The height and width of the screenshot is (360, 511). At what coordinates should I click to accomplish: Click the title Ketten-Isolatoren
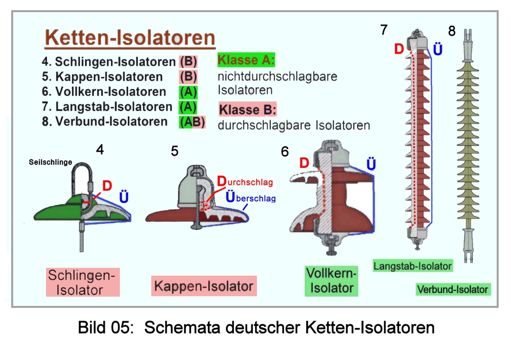click(x=129, y=38)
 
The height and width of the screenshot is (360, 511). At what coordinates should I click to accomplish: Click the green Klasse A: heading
click(x=246, y=60)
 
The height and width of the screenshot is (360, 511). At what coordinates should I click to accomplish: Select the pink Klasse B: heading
click(x=247, y=109)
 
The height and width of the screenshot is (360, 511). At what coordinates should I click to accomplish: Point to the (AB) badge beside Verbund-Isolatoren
click(x=192, y=122)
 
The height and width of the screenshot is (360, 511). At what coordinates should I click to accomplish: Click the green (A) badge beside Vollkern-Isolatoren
click(x=188, y=92)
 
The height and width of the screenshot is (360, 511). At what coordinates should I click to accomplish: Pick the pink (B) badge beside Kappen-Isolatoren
click(x=188, y=77)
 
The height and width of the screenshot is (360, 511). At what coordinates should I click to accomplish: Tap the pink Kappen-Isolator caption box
click(x=204, y=286)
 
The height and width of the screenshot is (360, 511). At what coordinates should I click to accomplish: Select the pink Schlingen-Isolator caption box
click(x=83, y=282)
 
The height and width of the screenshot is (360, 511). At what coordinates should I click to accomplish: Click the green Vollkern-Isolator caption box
click(x=332, y=281)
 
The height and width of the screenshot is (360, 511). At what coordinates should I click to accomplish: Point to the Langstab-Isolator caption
click(x=412, y=266)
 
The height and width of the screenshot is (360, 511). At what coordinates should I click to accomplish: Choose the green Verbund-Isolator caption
click(x=453, y=290)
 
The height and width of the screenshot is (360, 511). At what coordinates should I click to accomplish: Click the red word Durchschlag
click(x=245, y=181)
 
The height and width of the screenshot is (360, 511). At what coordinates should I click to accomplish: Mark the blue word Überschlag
click(x=250, y=198)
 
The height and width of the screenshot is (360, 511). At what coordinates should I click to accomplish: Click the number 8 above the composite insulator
click(x=452, y=31)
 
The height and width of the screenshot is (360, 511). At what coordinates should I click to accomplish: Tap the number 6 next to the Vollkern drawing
click(x=285, y=152)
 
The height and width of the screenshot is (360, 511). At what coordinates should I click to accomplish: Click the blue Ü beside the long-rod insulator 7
click(x=437, y=50)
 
